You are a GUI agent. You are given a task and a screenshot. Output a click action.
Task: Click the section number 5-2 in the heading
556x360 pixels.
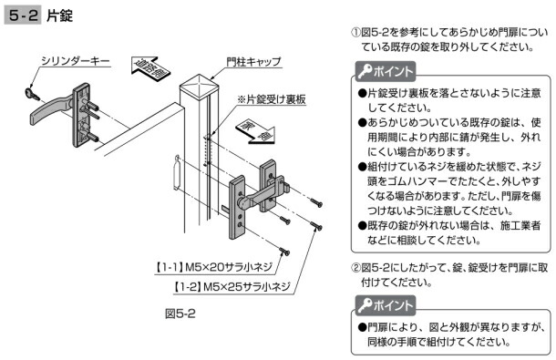coord(23,15)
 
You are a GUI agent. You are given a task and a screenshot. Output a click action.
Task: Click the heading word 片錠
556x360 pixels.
coord(59,15)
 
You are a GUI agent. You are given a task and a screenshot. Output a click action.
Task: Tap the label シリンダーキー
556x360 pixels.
coord(75,61)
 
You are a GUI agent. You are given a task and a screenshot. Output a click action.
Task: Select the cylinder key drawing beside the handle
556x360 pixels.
coord(32,94)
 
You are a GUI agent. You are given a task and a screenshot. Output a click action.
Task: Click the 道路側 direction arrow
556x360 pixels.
coord(150,67)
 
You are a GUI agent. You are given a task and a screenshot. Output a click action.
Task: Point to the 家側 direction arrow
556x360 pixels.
coord(256,132)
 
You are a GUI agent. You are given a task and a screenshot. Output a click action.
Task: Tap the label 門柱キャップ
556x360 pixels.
coord(254,62)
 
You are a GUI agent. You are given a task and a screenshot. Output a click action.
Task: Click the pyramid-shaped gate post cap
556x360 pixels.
coord(200,84)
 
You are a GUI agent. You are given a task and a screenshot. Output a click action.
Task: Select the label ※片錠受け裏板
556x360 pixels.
coord(272,99)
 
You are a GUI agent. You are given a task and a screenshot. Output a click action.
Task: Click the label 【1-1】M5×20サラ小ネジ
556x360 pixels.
coord(214,267)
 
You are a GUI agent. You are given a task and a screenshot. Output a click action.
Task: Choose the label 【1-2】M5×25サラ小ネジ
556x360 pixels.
coord(232,286)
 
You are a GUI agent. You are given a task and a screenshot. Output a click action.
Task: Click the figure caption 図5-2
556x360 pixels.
coord(180,314)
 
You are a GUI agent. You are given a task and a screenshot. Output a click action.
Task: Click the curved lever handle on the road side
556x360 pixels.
coord(49,109)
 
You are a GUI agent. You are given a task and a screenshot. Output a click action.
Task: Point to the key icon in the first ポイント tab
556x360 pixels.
coord(365,71)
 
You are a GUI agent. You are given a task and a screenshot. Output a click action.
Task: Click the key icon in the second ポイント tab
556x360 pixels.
coord(365,304)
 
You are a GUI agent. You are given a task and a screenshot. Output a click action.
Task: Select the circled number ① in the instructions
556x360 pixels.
coord(355,33)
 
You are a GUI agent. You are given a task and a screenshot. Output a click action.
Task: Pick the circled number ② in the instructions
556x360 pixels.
coord(355,268)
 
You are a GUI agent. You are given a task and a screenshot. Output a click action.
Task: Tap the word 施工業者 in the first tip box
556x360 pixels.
coord(520,226)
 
